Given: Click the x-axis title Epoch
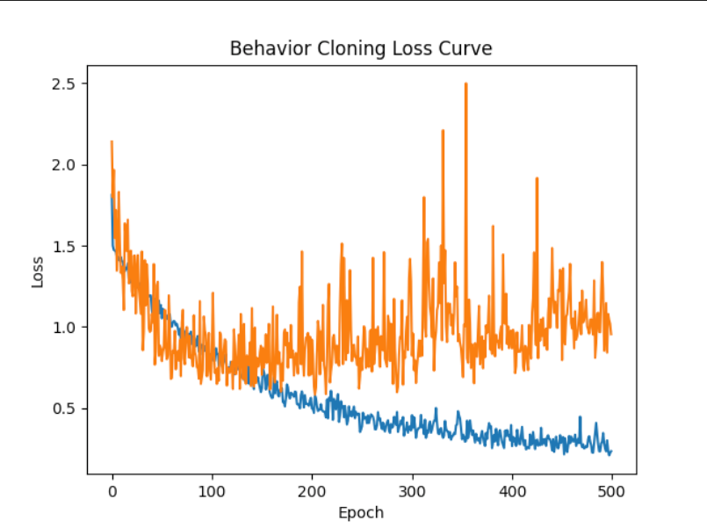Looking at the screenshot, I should click(361, 512).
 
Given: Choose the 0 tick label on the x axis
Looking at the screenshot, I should click(112, 490).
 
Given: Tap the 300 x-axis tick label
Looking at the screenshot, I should click(412, 490).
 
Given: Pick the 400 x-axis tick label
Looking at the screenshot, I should click(512, 490).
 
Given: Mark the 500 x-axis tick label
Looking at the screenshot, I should click(612, 490).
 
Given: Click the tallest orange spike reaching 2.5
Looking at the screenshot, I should click(465, 85).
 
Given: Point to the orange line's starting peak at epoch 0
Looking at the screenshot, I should click(112, 141).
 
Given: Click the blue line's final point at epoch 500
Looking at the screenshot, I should click(611, 452).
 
